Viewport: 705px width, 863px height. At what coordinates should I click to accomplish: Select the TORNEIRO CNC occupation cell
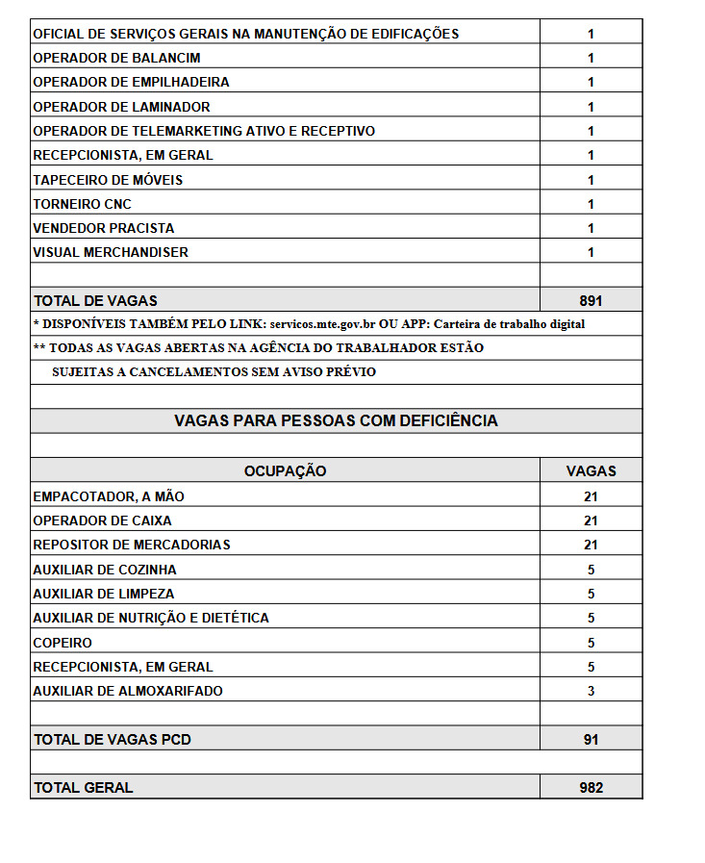click(82, 204)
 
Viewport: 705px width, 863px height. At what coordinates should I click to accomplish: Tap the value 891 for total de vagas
click(591, 301)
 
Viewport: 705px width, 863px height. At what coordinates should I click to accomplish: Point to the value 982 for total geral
click(591, 788)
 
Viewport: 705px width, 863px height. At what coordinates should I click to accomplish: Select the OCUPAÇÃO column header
click(285, 471)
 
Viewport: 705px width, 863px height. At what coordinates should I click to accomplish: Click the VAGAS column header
click(591, 471)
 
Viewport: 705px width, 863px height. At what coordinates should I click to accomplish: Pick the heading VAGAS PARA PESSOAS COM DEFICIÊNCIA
click(336, 421)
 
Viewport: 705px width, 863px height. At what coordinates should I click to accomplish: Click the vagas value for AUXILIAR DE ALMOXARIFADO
click(591, 691)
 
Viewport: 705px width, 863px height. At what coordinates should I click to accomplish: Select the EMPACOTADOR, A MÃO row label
click(108, 496)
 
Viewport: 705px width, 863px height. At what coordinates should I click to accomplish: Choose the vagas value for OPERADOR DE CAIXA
click(591, 520)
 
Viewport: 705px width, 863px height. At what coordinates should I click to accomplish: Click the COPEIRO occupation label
click(63, 643)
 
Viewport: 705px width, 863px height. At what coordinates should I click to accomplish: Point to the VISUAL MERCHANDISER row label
click(111, 252)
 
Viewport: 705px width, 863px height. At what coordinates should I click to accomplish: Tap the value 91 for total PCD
click(591, 740)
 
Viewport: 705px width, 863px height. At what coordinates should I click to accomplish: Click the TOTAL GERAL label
click(83, 788)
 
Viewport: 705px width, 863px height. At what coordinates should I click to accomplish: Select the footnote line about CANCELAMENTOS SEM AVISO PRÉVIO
click(214, 372)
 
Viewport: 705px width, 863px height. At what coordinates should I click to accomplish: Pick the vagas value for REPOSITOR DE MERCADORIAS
click(591, 545)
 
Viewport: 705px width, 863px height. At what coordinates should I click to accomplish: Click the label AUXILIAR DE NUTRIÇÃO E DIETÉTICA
click(151, 618)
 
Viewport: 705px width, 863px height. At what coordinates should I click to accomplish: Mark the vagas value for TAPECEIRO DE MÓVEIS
click(591, 180)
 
